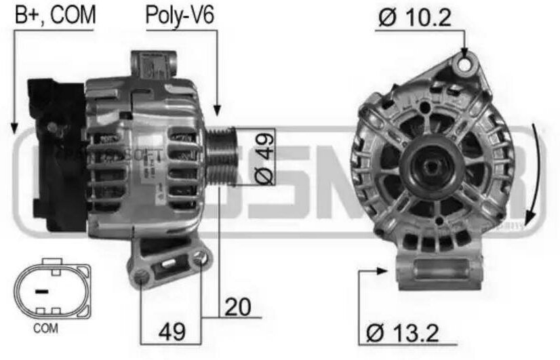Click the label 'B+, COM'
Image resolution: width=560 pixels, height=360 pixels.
point(56,14)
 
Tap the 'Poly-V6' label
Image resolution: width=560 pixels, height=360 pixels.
point(180,15)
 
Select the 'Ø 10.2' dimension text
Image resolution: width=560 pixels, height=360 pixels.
point(414,18)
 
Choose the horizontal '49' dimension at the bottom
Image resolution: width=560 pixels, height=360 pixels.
point(172,331)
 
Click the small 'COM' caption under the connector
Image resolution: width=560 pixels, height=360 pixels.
point(45,328)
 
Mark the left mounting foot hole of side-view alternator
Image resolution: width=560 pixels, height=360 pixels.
point(142,275)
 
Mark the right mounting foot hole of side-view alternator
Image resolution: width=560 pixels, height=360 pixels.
point(199,258)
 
